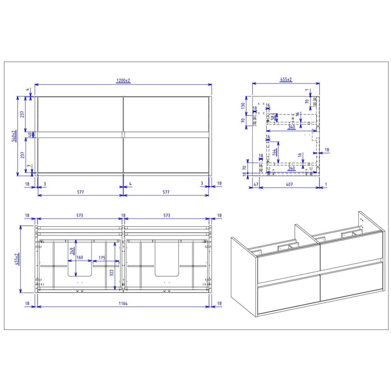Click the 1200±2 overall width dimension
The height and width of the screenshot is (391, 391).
pyautogui.click(x=123, y=81)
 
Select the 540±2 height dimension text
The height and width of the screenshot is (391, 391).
pyautogui.click(x=14, y=136)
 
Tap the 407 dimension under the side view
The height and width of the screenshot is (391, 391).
pyautogui.click(x=289, y=184)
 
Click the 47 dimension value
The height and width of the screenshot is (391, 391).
pyautogui.click(x=256, y=184)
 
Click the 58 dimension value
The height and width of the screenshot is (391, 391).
pyautogui.click(x=273, y=117)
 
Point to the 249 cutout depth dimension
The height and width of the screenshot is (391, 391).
pyautogui.click(x=71, y=251)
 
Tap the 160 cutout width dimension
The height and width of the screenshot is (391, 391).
pyautogui.click(x=80, y=257)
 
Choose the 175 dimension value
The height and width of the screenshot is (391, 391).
pyautogui.click(x=102, y=257)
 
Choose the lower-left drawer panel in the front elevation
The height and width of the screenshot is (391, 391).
pyautogui.click(x=80, y=155)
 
